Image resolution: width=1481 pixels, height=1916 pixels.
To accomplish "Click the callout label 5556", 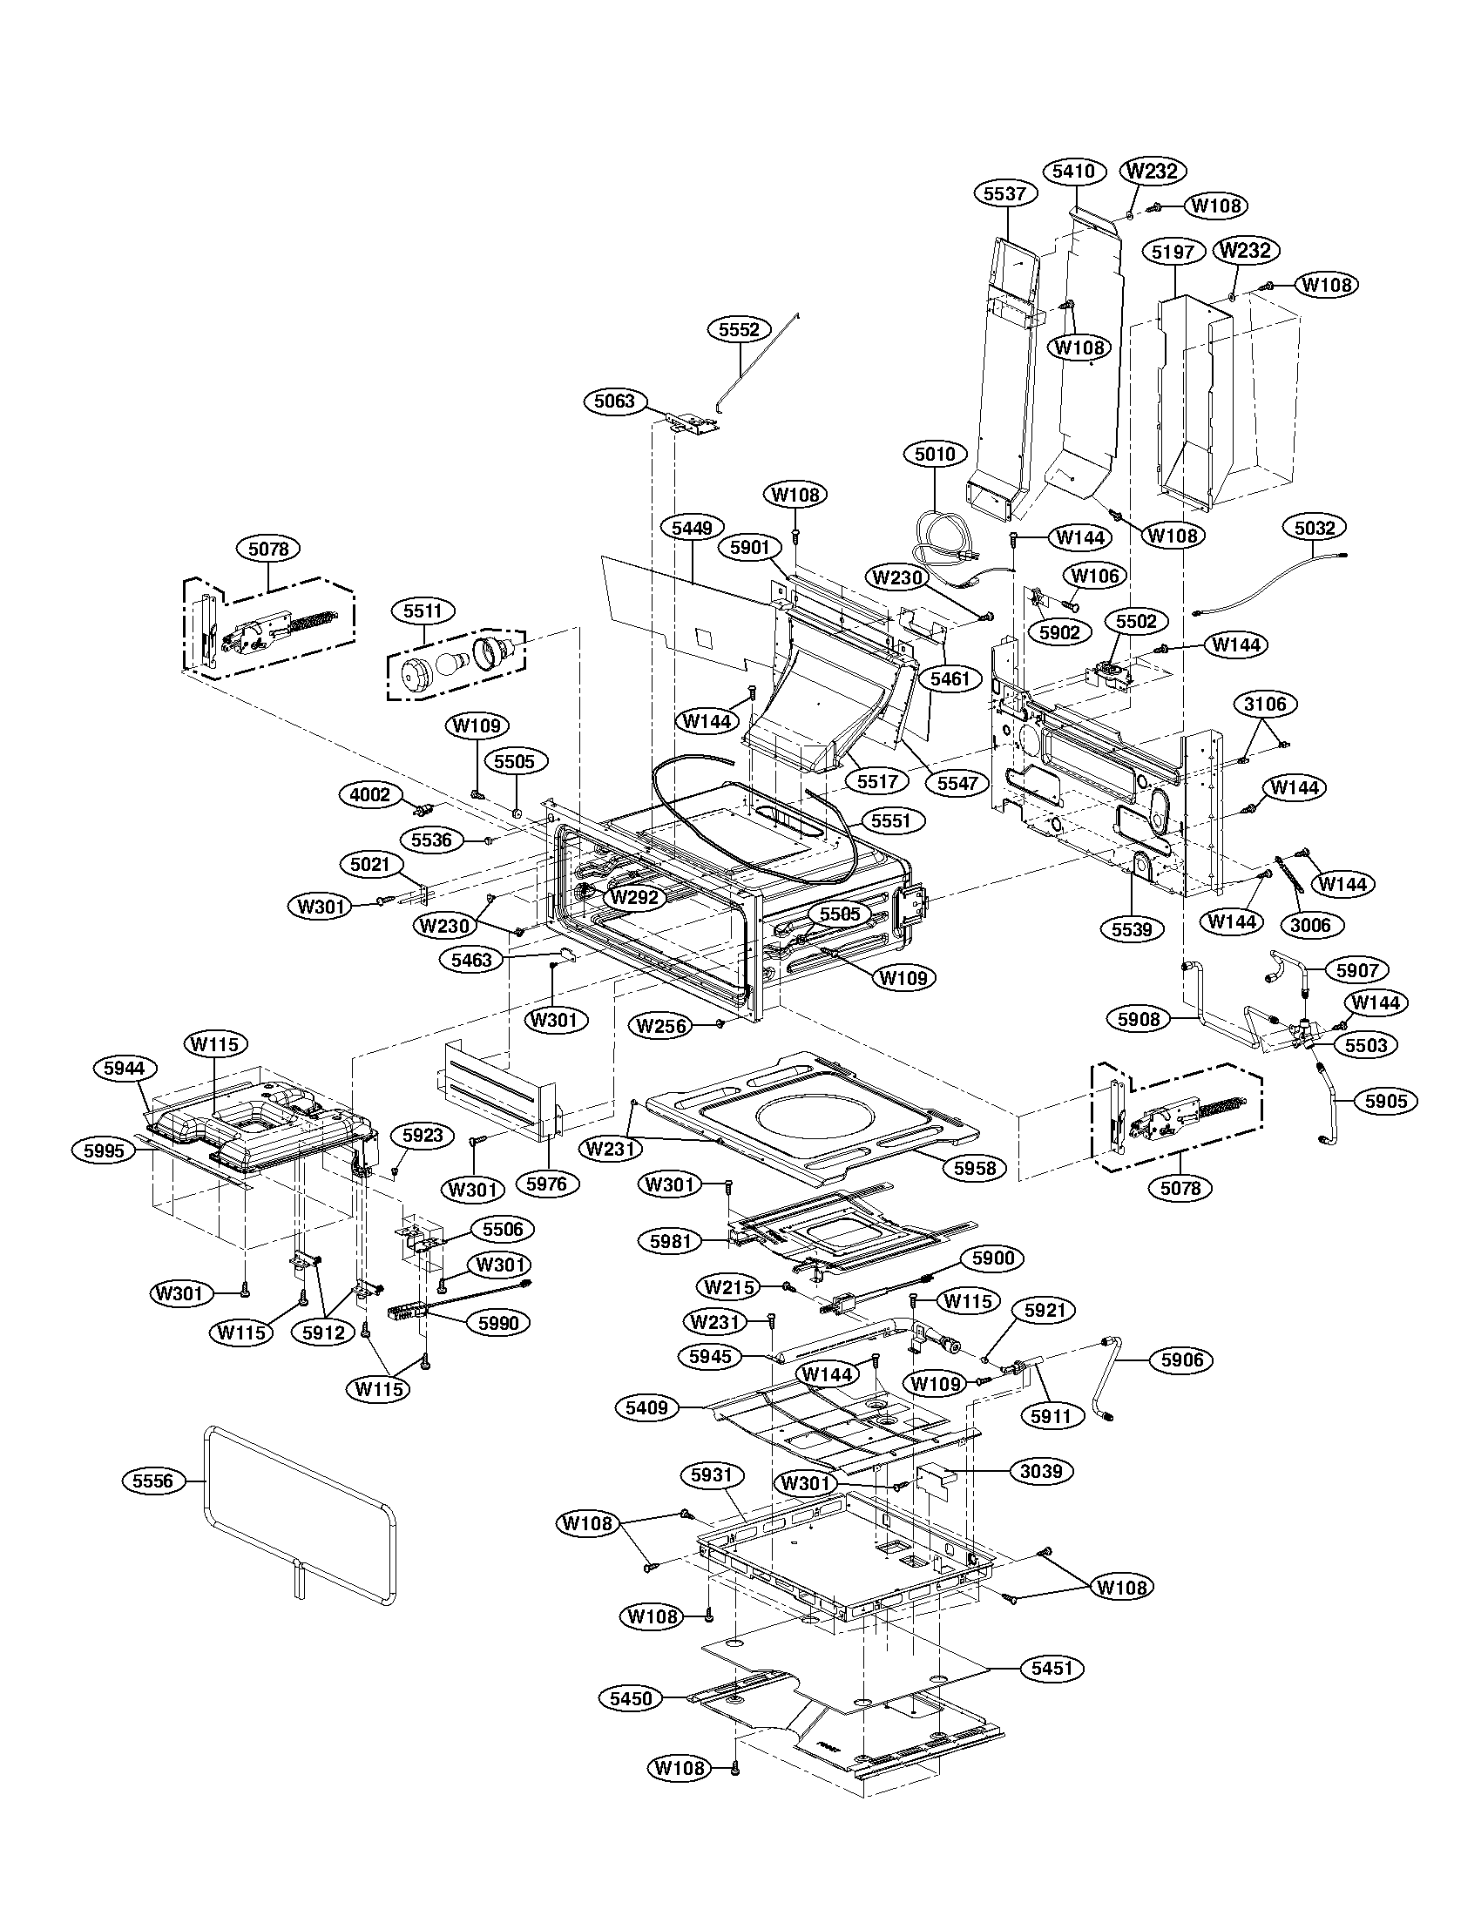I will pyautogui.click(x=152, y=1481).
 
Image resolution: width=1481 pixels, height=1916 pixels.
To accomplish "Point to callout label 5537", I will pyautogui.click(x=1004, y=194).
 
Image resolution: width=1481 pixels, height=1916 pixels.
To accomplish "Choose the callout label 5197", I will pyautogui.click(x=1173, y=252).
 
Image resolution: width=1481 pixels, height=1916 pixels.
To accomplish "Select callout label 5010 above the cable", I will pyautogui.click(x=936, y=455).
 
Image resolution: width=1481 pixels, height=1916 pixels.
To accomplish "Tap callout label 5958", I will pyautogui.click(x=974, y=1168).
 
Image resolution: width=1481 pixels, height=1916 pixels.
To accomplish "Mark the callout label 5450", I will pyautogui.click(x=632, y=1698).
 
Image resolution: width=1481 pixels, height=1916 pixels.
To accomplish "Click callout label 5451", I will pyautogui.click(x=1052, y=1668).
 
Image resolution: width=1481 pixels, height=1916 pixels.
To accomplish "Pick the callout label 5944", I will pyautogui.click(x=124, y=1068).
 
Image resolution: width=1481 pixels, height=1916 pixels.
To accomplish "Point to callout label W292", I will pyautogui.click(x=635, y=897).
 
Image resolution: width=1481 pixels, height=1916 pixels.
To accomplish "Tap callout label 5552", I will pyautogui.click(x=739, y=329).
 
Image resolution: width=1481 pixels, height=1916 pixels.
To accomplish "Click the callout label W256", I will pyautogui.click(x=661, y=1025).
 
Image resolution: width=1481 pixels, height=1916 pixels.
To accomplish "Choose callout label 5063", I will pyautogui.click(x=614, y=402).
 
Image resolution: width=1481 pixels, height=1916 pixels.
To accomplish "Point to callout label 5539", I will pyautogui.click(x=1132, y=928).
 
